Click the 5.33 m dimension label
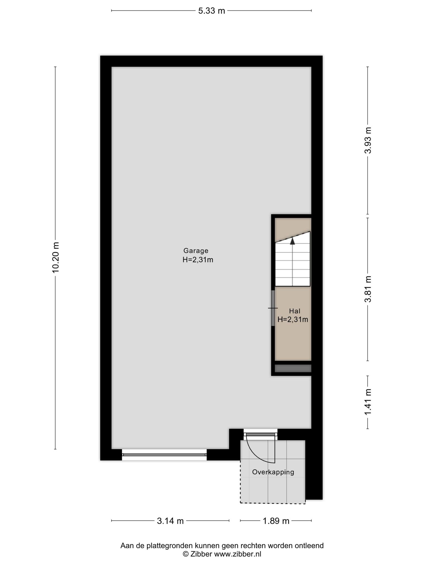pos(211,11)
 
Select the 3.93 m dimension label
pos(368,140)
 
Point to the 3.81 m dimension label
pos(368,289)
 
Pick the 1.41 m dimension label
pos(368,402)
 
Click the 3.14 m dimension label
pos(170,521)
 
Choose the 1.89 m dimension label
pos(276,521)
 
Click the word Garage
pos(196,251)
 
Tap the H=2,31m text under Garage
pos(198,260)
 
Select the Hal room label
pos(294,311)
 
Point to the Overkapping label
pos(273,472)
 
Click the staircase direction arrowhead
pos(292,241)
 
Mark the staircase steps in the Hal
pos(293,259)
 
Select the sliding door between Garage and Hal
pos(273,308)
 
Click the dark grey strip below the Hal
pos(293,368)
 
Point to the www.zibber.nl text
pos(237,554)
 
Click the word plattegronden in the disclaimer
pos(170,546)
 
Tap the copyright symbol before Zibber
pos(186,554)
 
